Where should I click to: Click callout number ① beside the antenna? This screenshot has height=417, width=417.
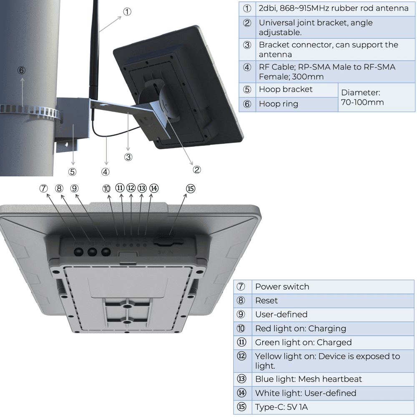(x=127, y=12)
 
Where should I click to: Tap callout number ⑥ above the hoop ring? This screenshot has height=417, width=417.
(x=22, y=70)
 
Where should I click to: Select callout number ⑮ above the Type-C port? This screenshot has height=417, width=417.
(x=190, y=189)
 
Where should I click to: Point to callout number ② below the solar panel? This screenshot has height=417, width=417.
(x=197, y=169)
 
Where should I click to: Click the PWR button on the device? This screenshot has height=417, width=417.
(x=78, y=251)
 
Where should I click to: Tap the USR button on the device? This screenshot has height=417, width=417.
(x=106, y=251)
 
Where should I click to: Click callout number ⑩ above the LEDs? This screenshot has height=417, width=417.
(x=106, y=189)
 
